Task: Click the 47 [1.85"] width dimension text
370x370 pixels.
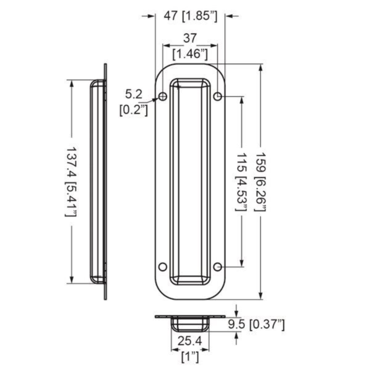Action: pos(191,16)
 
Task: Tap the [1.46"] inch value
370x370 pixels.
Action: pos(189,54)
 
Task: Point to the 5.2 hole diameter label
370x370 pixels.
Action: pos(134,95)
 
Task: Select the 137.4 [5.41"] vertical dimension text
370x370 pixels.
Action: pos(71,182)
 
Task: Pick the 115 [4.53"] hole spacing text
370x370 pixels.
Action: pos(241,182)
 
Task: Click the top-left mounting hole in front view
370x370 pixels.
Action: pos(162,96)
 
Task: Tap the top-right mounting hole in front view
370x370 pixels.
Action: pos(218,96)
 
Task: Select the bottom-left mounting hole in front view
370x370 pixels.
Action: pos(162,266)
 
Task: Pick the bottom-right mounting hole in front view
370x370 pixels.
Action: pos(218,266)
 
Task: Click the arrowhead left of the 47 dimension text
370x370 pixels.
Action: pos(151,16)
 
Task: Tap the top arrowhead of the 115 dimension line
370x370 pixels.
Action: pos(241,100)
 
